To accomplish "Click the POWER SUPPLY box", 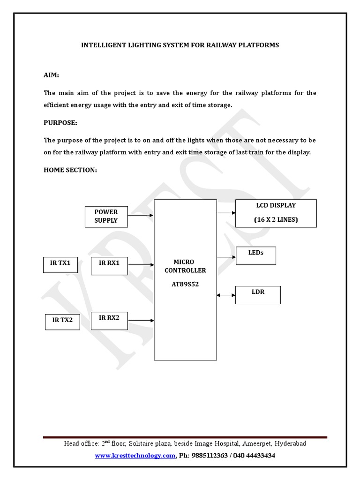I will point(106,217).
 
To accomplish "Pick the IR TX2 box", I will point(62,321).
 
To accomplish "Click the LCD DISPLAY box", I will point(276,213).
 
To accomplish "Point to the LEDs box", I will point(255,255).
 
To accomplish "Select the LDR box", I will point(258,295).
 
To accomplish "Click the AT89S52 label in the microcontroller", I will point(185,284).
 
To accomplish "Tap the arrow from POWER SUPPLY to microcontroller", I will point(141,216).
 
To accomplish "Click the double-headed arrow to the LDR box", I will point(226,295).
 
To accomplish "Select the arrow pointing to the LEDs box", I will point(226,256).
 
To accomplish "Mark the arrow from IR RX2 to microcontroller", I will point(141,321).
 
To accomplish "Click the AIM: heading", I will point(52,75).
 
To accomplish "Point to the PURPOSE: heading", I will point(60,123).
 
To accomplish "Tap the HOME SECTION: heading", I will point(70,170).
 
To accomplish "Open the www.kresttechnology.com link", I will point(135,456).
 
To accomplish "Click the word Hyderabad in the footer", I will point(291,443).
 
